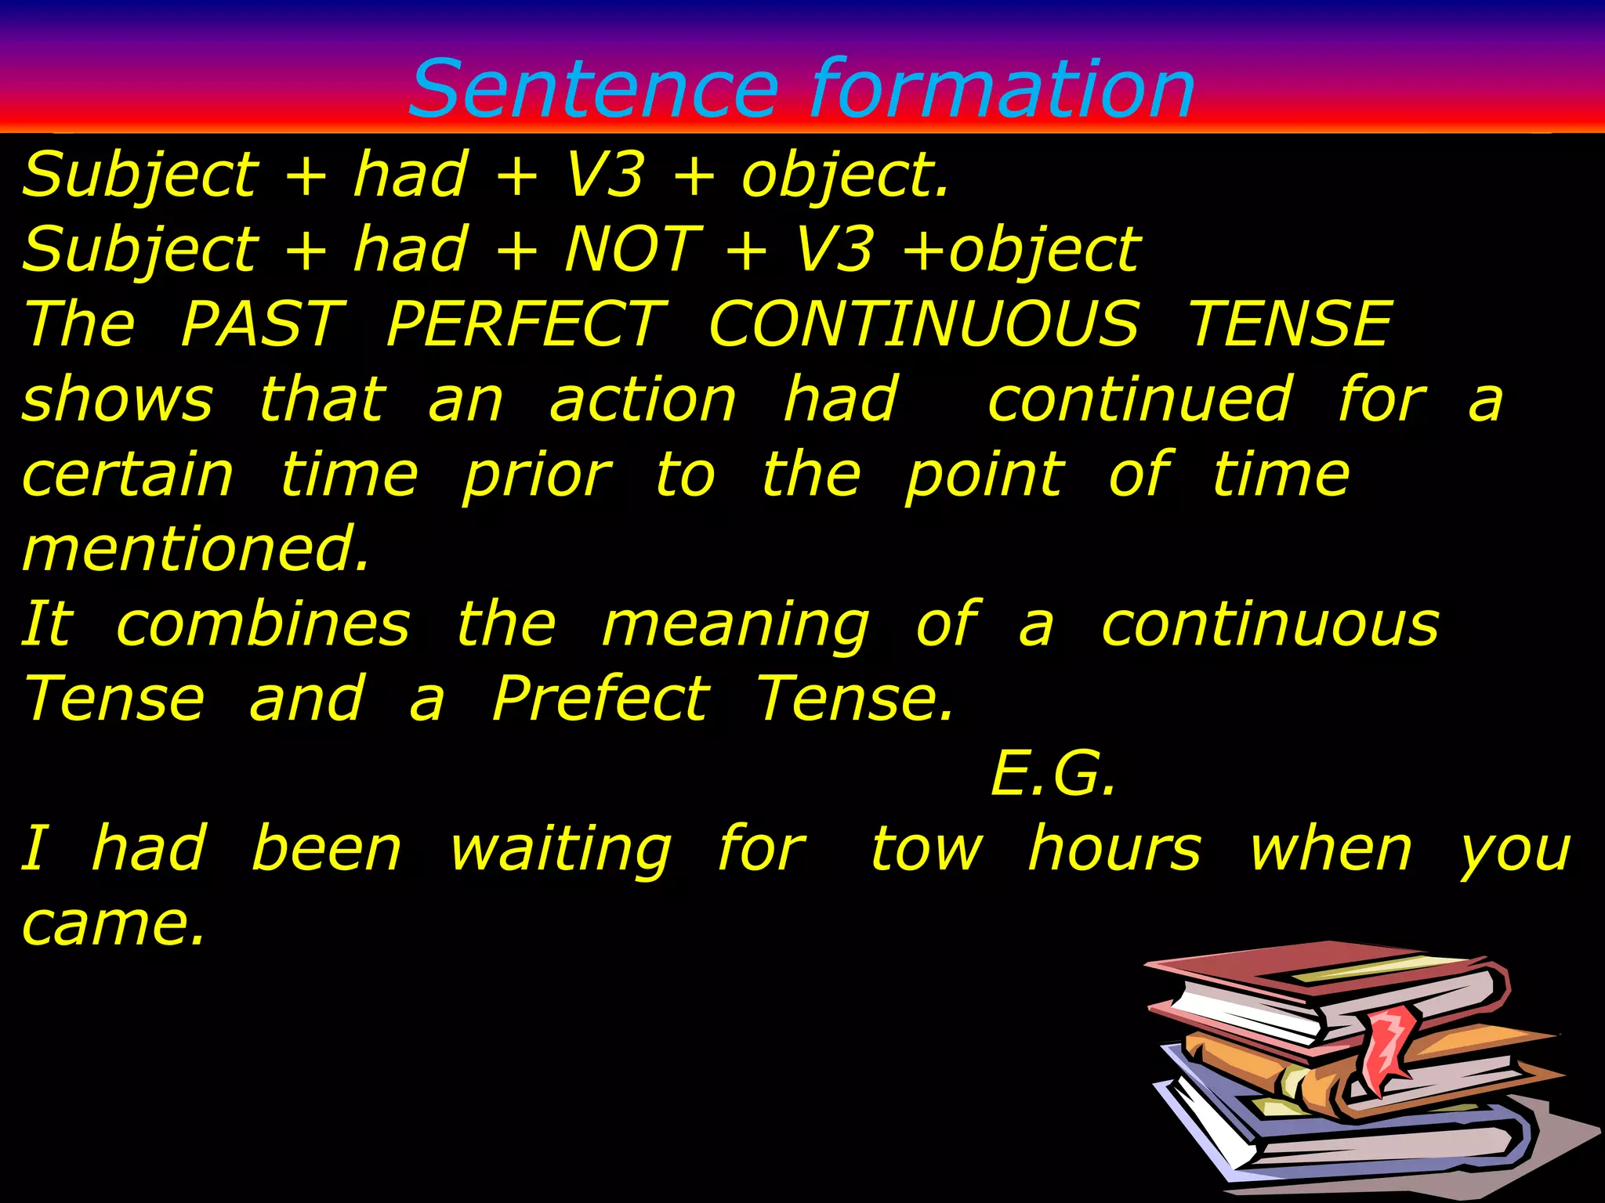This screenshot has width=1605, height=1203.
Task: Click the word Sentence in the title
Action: (x=594, y=89)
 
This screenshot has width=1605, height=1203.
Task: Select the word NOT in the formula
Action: (x=633, y=250)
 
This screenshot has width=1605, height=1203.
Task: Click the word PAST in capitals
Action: (x=263, y=324)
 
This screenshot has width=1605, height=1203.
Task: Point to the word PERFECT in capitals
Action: (x=527, y=324)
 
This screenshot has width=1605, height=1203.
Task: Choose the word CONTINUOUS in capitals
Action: (x=923, y=324)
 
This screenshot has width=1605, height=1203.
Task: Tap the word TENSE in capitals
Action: (x=1290, y=324)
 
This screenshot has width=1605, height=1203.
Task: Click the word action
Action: (x=643, y=399)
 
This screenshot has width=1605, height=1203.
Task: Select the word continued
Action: (x=1139, y=399)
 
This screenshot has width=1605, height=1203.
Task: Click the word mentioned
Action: (x=195, y=549)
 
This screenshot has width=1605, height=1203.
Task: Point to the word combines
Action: (x=263, y=625)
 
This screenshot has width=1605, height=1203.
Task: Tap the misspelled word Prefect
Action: (x=601, y=699)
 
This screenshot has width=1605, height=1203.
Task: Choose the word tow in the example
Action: (x=926, y=849)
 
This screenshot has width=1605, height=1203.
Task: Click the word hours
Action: (x=1114, y=849)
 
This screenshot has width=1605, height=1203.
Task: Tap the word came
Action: (x=113, y=924)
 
